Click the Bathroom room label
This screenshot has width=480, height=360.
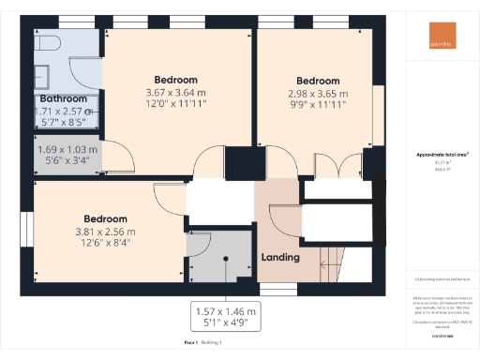(x=63, y=98)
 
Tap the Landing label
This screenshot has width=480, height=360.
(x=280, y=257)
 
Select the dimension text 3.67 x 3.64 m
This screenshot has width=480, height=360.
(x=175, y=94)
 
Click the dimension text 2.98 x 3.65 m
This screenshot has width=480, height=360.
(x=317, y=94)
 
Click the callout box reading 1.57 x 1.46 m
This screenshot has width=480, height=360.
(x=226, y=311)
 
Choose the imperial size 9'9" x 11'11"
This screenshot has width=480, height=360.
(x=317, y=105)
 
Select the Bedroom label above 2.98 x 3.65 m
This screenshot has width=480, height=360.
(x=317, y=81)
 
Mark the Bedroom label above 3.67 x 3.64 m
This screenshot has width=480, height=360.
(x=175, y=80)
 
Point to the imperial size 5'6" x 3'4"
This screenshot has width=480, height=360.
(x=67, y=159)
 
